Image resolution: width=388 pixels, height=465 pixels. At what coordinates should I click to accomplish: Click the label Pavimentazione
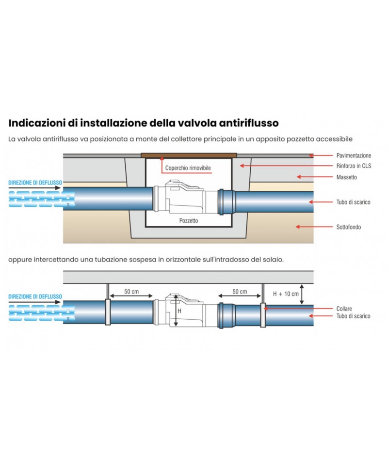[354, 155]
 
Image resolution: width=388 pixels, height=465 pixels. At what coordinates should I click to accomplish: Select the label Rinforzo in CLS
[354, 166]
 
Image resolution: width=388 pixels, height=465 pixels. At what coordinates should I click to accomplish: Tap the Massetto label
[346, 177]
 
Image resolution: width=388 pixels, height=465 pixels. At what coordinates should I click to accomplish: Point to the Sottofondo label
[349, 227]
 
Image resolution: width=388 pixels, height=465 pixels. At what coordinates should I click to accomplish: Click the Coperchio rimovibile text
[188, 168]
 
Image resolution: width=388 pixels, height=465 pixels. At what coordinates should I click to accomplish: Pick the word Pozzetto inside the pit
[189, 220]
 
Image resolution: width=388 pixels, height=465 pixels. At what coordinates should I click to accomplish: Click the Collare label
[344, 309]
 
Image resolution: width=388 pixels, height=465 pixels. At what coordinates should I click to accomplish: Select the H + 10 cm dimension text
[286, 294]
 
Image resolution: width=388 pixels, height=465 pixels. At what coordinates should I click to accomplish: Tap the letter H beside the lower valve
[179, 311]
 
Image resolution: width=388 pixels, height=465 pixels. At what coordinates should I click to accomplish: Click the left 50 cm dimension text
[131, 292]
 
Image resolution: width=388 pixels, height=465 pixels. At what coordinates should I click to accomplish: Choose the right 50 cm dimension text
[240, 292]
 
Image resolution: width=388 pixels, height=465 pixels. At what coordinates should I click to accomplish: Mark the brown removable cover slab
[189, 155]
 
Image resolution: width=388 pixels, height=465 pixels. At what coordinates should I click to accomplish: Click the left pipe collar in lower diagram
[108, 312]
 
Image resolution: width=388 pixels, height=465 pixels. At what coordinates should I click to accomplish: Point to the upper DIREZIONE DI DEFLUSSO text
[35, 183]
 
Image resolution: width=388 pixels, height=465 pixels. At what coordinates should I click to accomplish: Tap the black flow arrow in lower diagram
[34, 302]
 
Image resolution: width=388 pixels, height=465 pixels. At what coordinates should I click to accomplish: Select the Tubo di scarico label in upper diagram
[353, 202]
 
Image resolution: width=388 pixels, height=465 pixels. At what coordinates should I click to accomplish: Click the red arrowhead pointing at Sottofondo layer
[298, 227]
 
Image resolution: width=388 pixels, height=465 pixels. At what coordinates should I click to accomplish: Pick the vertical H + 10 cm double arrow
[302, 294]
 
